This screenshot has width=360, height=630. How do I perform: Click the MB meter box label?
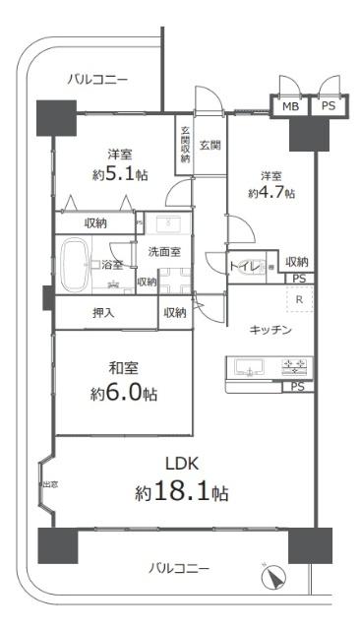click(291, 106)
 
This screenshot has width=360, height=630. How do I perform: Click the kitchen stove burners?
click(294, 369)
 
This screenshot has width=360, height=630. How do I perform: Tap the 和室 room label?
click(123, 370)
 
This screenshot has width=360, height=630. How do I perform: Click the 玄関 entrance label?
click(210, 146)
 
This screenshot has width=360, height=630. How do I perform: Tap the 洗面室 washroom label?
click(164, 252)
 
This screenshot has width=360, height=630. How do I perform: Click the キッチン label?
click(270, 331)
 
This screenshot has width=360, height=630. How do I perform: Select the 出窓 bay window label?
click(47, 485)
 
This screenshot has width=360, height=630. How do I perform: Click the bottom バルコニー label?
click(179, 569)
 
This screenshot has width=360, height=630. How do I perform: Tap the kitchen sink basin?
click(249, 370)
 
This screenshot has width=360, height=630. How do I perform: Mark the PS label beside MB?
click(328, 106)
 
